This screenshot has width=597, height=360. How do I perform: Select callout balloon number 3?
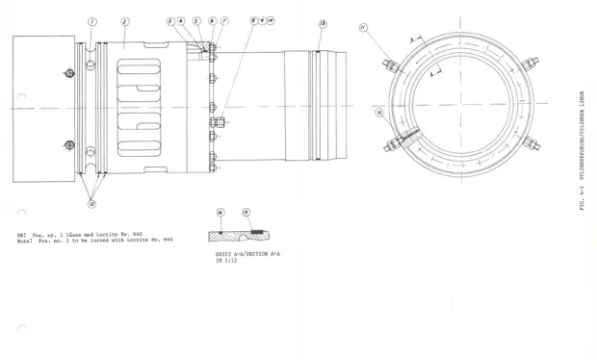pyautogui.click(x=169, y=20)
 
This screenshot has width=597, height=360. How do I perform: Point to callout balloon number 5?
pyautogui.click(x=196, y=20)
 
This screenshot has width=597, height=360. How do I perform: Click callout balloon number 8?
pyautogui.click(x=253, y=20)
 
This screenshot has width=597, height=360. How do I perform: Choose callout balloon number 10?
pyautogui.click(x=272, y=20)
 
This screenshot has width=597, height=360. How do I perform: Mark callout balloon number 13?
pyautogui.click(x=322, y=23)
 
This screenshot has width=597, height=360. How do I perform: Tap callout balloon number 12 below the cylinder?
pyautogui.click(x=91, y=203)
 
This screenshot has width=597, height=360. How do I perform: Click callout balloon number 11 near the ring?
pyautogui.click(x=363, y=28)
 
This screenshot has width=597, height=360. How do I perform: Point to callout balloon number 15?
pyautogui.click(x=246, y=213)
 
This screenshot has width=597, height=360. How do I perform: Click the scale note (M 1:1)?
pyautogui.click(x=225, y=260)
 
